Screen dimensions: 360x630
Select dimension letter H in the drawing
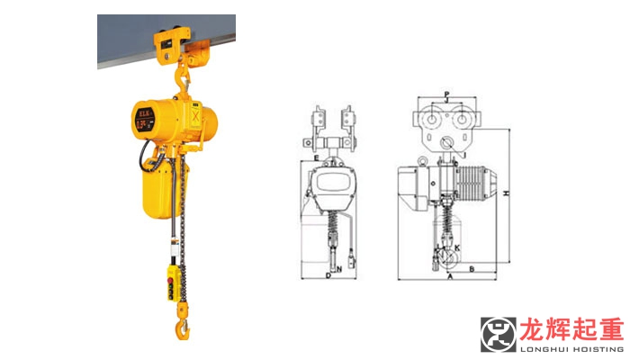[x=508, y=193]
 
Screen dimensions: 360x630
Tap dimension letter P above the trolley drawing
[x=447, y=94]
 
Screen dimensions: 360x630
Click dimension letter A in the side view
[x=449, y=277]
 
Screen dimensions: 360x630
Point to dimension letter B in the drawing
[x=471, y=268]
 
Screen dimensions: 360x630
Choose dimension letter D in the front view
[x=328, y=276]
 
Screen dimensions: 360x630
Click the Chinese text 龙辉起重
[x=567, y=328]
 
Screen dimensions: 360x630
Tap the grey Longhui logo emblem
[x=499, y=335]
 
